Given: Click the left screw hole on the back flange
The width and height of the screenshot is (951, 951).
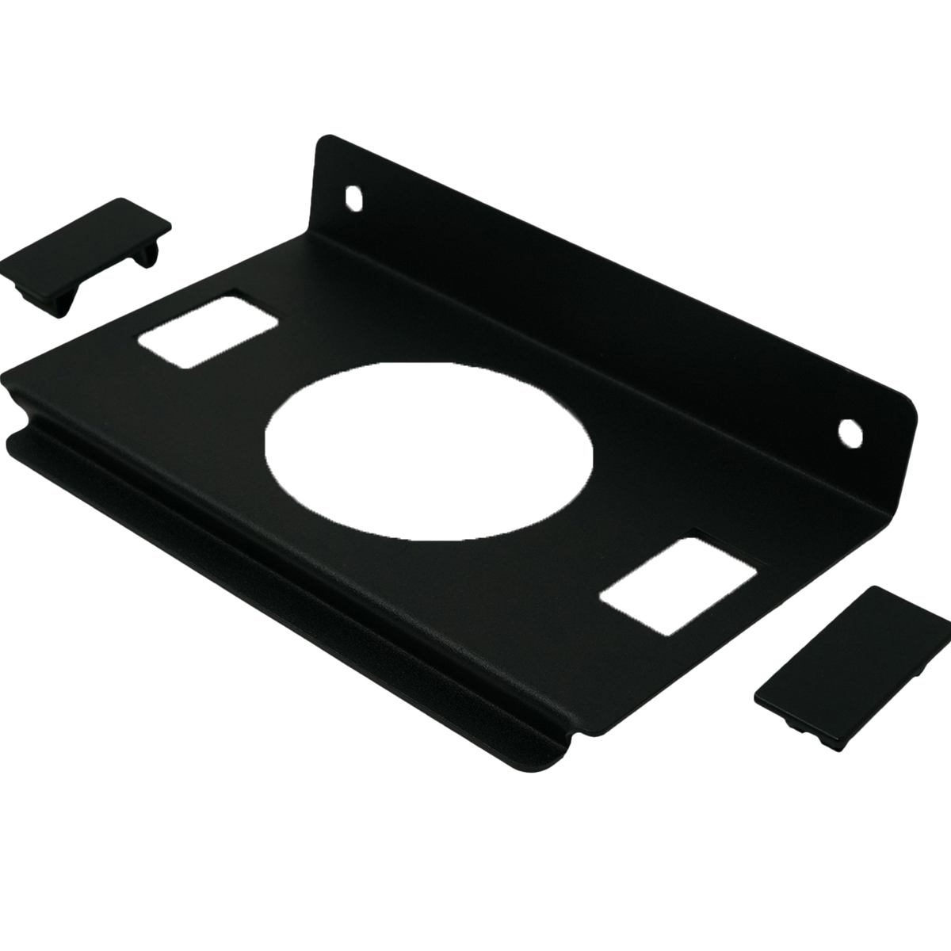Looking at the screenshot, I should [x=352, y=195].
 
